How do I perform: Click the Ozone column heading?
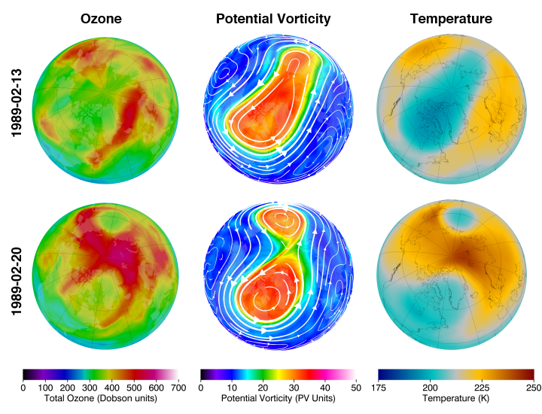pyautogui.click(x=101, y=18)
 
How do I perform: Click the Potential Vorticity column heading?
pyautogui.click(x=273, y=18)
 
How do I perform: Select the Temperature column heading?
pyautogui.click(x=452, y=18)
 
